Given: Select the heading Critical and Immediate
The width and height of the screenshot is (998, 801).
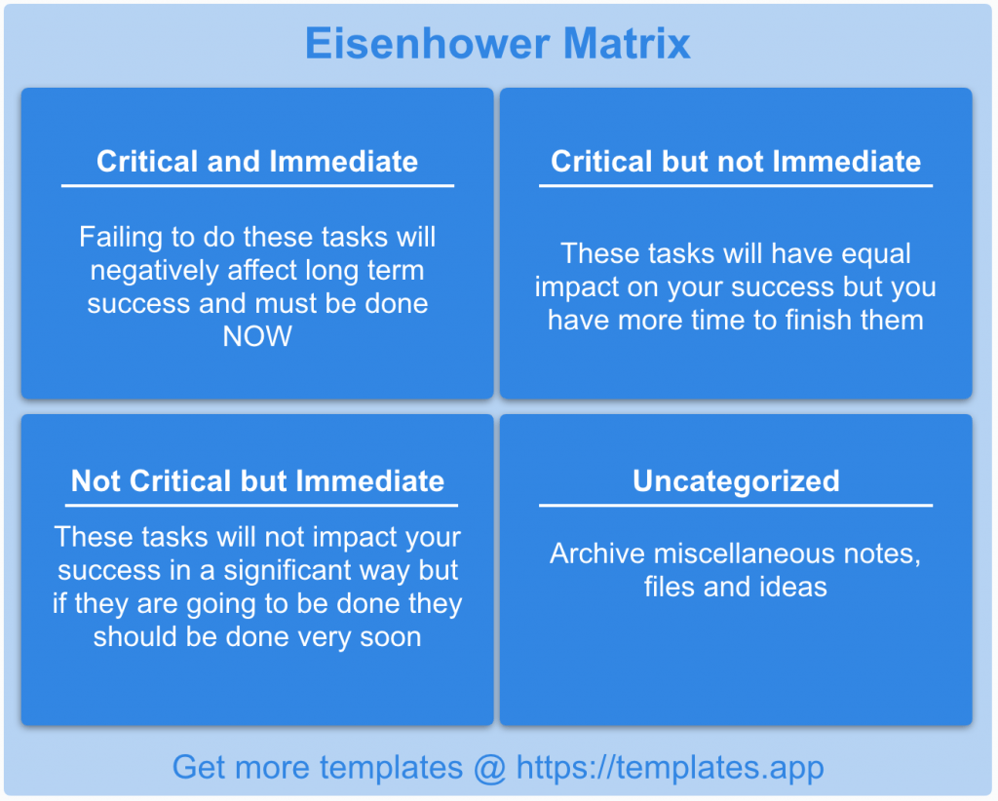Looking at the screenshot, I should point(257,162).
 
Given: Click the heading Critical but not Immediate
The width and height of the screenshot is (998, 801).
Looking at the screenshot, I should point(736,162).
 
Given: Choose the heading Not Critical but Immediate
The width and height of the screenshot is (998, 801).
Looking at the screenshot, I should point(257,481).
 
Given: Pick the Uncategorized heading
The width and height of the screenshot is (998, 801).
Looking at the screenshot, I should point(736,481).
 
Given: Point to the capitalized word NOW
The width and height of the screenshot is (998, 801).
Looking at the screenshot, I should point(257,337).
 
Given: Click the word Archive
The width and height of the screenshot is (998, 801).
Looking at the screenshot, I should point(596,553).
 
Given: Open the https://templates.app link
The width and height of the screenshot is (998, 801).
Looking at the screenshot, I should point(670,767).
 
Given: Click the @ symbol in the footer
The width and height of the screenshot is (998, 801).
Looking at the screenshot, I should point(489,767).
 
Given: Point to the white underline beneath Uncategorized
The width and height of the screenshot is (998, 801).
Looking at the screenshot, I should point(736,505).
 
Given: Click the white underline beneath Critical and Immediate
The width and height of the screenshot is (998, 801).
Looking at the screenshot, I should point(257,185).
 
